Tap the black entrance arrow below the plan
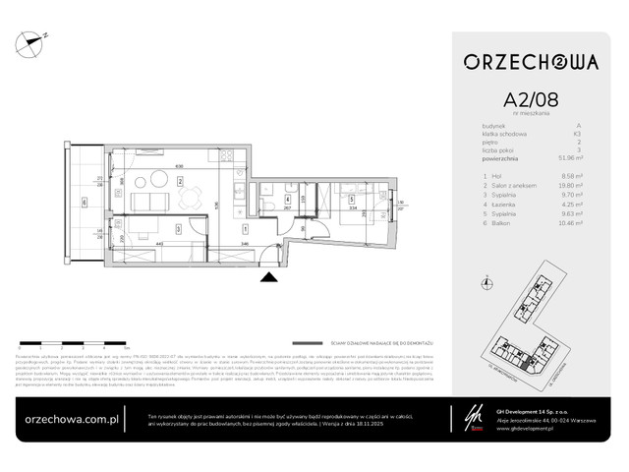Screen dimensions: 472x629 click(x=268, y=279)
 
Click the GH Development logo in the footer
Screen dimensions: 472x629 click(x=452, y=415)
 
